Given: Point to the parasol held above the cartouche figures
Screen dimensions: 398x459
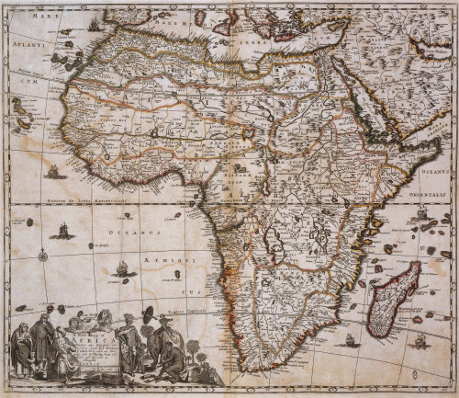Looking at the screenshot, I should (144, 308).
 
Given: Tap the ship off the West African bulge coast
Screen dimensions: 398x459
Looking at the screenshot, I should (54, 171).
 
